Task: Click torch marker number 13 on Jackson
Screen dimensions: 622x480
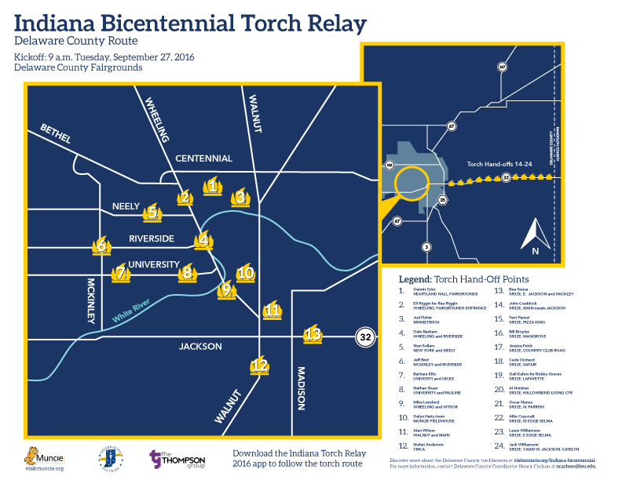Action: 313,334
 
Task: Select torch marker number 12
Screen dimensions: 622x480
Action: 259,365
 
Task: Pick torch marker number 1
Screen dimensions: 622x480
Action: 212,187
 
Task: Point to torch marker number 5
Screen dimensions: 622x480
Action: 152,212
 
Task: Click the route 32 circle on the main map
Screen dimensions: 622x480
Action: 364,336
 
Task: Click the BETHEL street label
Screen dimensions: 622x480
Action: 56,133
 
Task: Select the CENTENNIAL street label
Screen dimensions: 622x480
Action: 203,158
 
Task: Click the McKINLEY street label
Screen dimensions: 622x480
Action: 91,299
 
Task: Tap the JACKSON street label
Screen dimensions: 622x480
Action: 200,346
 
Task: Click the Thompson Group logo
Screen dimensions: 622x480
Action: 181,460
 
